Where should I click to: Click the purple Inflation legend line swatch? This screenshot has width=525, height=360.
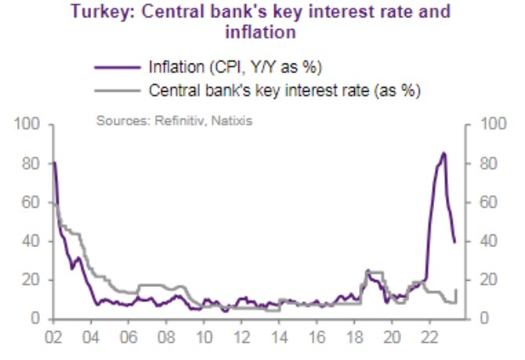click(115, 65)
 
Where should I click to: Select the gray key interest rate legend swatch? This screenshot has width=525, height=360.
click(115, 90)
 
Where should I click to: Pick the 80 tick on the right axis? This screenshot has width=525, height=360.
click(480, 164)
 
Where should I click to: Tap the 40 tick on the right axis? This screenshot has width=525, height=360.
click(480, 242)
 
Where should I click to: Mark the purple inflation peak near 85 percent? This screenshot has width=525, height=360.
click(444, 154)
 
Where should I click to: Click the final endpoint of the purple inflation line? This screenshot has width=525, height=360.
click(455, 242)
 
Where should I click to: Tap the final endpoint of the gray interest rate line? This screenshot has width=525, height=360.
click(455, 289)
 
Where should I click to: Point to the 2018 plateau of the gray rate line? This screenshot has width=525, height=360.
click(375, 273)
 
